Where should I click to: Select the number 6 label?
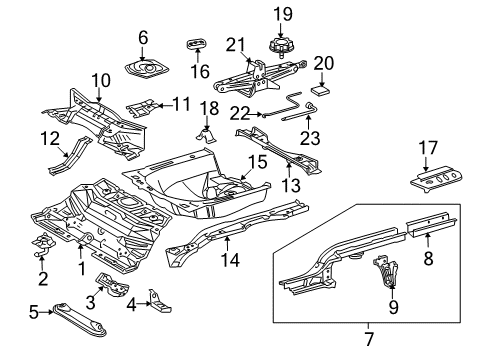click(142, 37)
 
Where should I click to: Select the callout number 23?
click(308, 142)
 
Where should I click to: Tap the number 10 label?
click(99, 79)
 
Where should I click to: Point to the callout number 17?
click(428, 148)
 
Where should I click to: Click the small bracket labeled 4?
click(157, 297)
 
